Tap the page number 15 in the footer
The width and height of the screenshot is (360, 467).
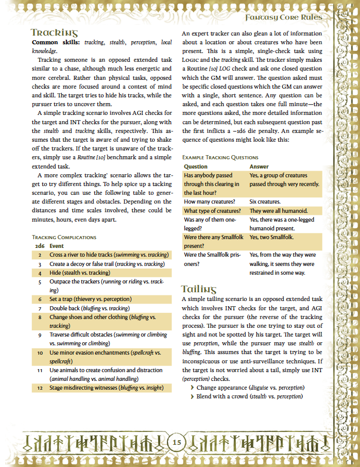[177, 442]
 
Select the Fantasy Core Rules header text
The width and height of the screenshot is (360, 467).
[283, 18]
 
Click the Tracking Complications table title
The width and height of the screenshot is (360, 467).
[64, 237]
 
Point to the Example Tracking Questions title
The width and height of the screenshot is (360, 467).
[220, 157]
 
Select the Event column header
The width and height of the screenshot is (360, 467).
[57, 246]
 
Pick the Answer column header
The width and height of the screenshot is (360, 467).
[259, 166]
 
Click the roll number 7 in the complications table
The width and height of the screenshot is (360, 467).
[40, 308]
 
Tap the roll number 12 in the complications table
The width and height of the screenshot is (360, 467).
[40, 388]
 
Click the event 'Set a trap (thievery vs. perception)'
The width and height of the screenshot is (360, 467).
[91, 299]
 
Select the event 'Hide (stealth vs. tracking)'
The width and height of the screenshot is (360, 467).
[80, 273]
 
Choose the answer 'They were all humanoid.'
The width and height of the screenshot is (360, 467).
[278, 211]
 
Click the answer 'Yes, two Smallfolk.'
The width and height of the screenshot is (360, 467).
[271, 237]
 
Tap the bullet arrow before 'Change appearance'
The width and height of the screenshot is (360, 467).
[192, 388]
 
